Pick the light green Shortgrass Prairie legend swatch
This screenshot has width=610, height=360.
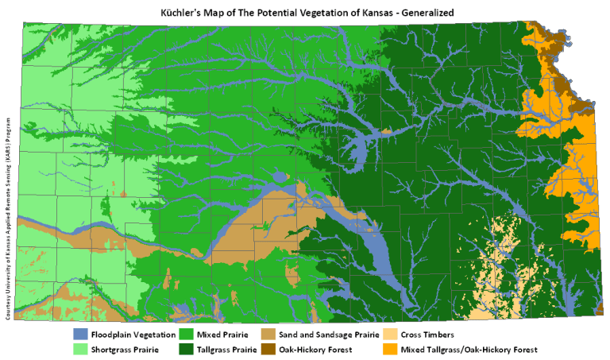pyautogui.click(x=79, y=349)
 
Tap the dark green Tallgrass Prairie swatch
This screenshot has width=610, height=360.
pyautogui.click(x=188, y=349)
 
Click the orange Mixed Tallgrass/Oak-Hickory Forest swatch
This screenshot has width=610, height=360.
pyautogui.click(x=392, y=349)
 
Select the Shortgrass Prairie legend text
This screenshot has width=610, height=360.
pyautogui.click(x=123, y=349)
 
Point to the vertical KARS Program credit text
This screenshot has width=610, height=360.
pyautogui.click(x=6, y=215)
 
